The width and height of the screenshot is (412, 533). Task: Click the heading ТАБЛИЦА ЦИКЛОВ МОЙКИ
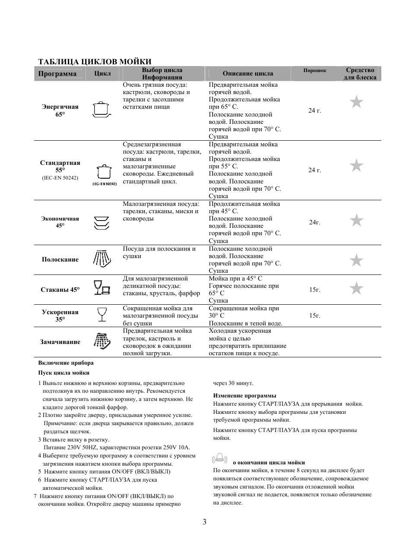[95, 62]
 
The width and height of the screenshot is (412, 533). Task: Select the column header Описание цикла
[247, 73]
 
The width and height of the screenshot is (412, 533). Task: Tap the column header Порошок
[314, 70]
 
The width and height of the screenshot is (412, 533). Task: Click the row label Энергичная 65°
[60, 110]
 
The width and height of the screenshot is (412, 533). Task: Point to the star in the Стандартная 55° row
[356, 165]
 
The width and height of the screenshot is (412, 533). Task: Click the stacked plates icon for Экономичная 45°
[102, 222]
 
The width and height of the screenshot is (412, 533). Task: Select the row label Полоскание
[60, 259]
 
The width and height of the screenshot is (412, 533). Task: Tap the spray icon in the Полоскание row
[102, 259]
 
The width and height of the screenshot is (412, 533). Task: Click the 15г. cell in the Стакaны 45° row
[314, 290]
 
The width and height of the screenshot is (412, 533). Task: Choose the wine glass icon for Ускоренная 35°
[102, 315]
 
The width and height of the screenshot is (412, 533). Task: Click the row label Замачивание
[60, 342]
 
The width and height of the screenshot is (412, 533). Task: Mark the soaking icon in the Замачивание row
[101, 341]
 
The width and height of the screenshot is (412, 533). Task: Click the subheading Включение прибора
[66, 363]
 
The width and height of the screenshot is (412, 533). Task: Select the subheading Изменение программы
[244, 395]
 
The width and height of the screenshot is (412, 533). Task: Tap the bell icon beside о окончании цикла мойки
[220, 458]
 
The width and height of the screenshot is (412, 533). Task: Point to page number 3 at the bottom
[204, 522]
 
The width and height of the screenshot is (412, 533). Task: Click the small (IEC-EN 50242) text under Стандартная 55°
[60, 178]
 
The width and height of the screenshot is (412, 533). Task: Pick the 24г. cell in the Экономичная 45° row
[314, 222]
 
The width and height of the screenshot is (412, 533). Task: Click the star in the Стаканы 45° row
[356, 288]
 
